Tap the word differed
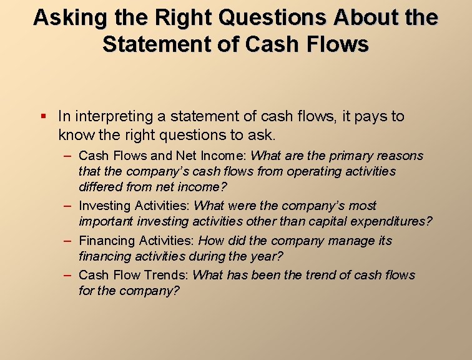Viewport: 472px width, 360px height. pos(100,186)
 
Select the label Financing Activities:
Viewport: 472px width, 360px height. pos(138,241)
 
